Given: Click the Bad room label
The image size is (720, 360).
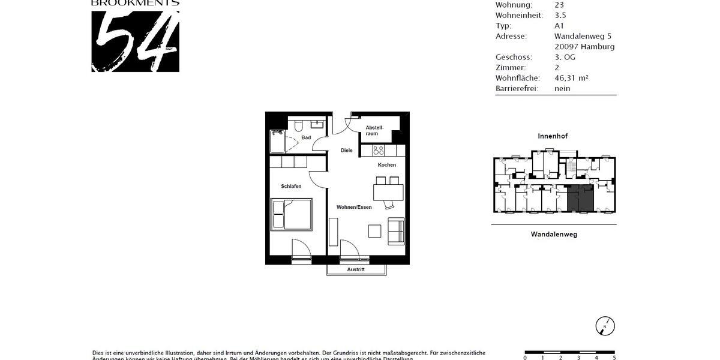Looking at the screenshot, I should click(x=306, y=138).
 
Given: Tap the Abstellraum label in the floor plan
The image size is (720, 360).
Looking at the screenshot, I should click(x=374, y=130).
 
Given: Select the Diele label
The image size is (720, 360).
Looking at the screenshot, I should click(x=347, y=151).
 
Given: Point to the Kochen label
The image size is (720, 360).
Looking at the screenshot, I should click(x=387, y=165).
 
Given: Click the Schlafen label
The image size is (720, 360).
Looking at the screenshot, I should click(x=291, y=187).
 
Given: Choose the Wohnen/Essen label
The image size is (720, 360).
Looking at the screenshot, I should click(x=354, y=207).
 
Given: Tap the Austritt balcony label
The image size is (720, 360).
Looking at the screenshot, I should click(x=356, y=269).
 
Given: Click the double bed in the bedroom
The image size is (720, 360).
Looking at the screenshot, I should click(x=292, y=215).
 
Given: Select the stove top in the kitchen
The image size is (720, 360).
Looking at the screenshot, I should click(x=379, y=150).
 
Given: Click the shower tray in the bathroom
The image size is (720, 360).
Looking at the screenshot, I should click(x=277, y=143).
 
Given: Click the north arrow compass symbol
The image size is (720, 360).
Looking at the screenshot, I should click(x=605, y=326).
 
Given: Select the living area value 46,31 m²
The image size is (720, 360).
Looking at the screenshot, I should click(x=571, y=78).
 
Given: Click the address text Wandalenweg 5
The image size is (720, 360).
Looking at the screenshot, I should click(x=583, y=36).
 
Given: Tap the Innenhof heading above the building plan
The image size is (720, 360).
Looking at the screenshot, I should click(x=552, y=136).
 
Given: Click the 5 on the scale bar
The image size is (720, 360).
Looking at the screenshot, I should click(x=614, y=358).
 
